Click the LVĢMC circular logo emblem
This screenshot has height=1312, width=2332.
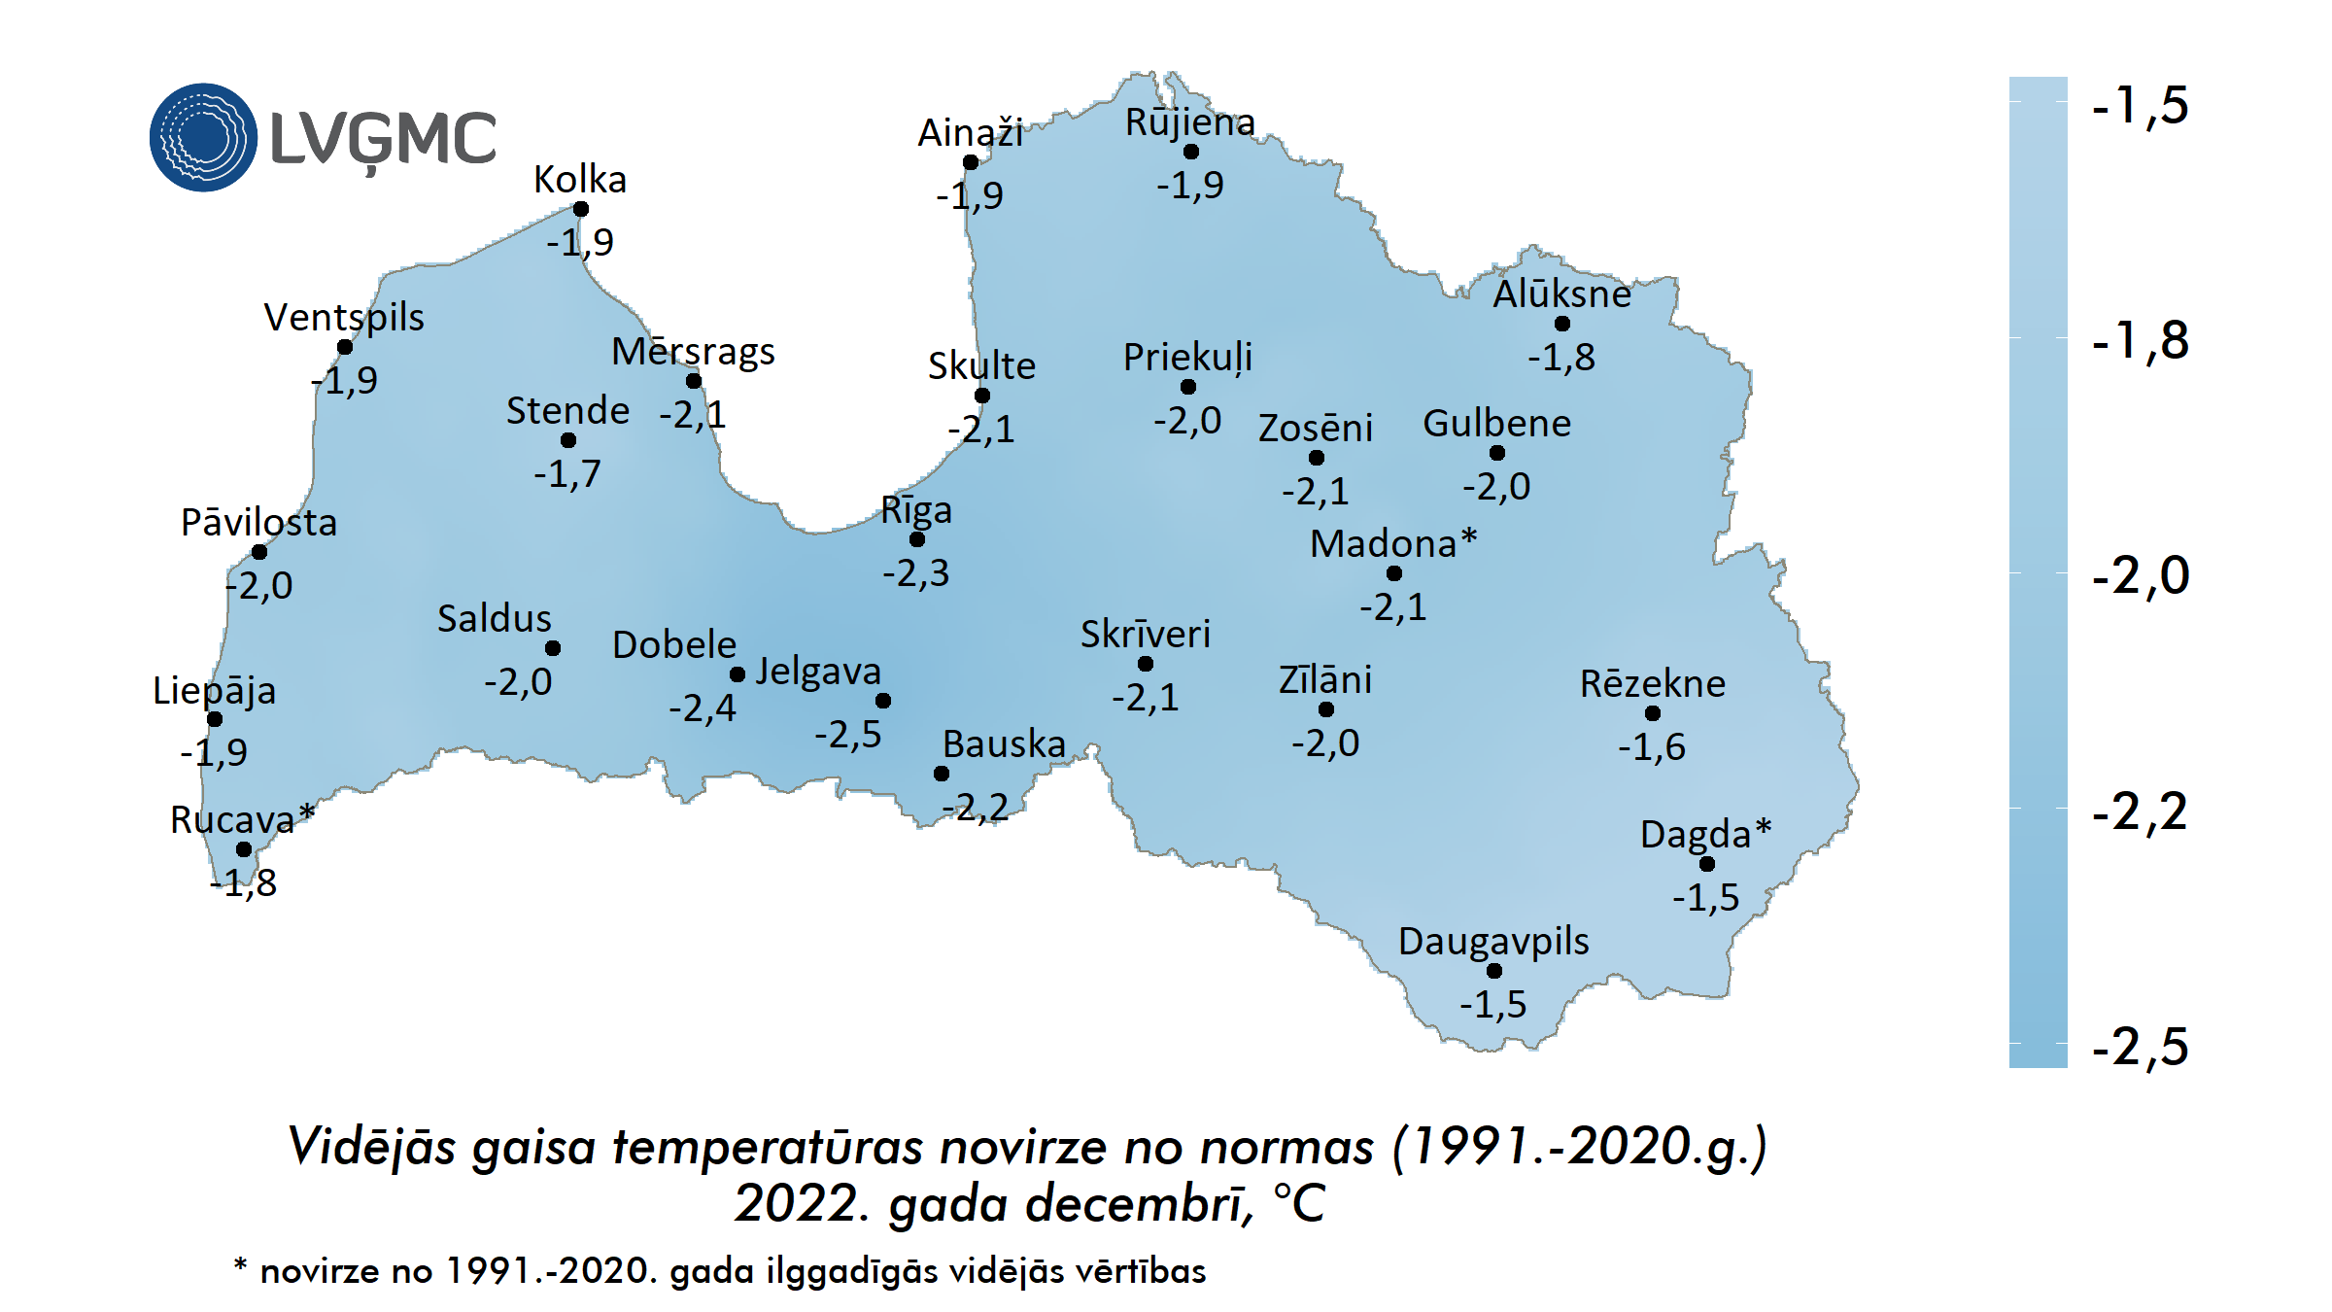pyautogui.click(x=203, y=137)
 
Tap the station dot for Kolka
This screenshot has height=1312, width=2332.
pyautogui.click(x=581, y=209)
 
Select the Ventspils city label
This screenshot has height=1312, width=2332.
pyautogui.click(x=344, y=318)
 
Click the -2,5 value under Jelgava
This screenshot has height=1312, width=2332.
pyautogui.click(x=848, y=735)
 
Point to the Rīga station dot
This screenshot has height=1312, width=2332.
pyautogui.click(x=917, y=539)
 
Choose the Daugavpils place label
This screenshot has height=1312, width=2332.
pyautogui.click(x=1493, y=942)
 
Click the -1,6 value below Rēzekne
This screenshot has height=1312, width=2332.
pyautogui.click(x=1652, y=747)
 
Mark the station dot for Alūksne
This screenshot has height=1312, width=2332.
pyautogui.click(x=1562, y=324)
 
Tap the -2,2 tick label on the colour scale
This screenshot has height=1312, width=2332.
pyautogui.click(x=2140, y=812)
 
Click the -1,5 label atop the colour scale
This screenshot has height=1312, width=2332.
pyautogui.click(x=2140, y=105)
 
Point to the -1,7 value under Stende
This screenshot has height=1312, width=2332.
pyautogui.click(x=567, y=474)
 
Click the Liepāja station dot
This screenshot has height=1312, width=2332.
pyautogui.click(x=215, y=719)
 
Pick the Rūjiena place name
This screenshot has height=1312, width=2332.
pyautogui.click(x=1190, y=123)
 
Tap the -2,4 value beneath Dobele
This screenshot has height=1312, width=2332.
pyautogui.click(x=703, y=708)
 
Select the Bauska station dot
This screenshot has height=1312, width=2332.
pyautogui.click(x=942, y=774)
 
